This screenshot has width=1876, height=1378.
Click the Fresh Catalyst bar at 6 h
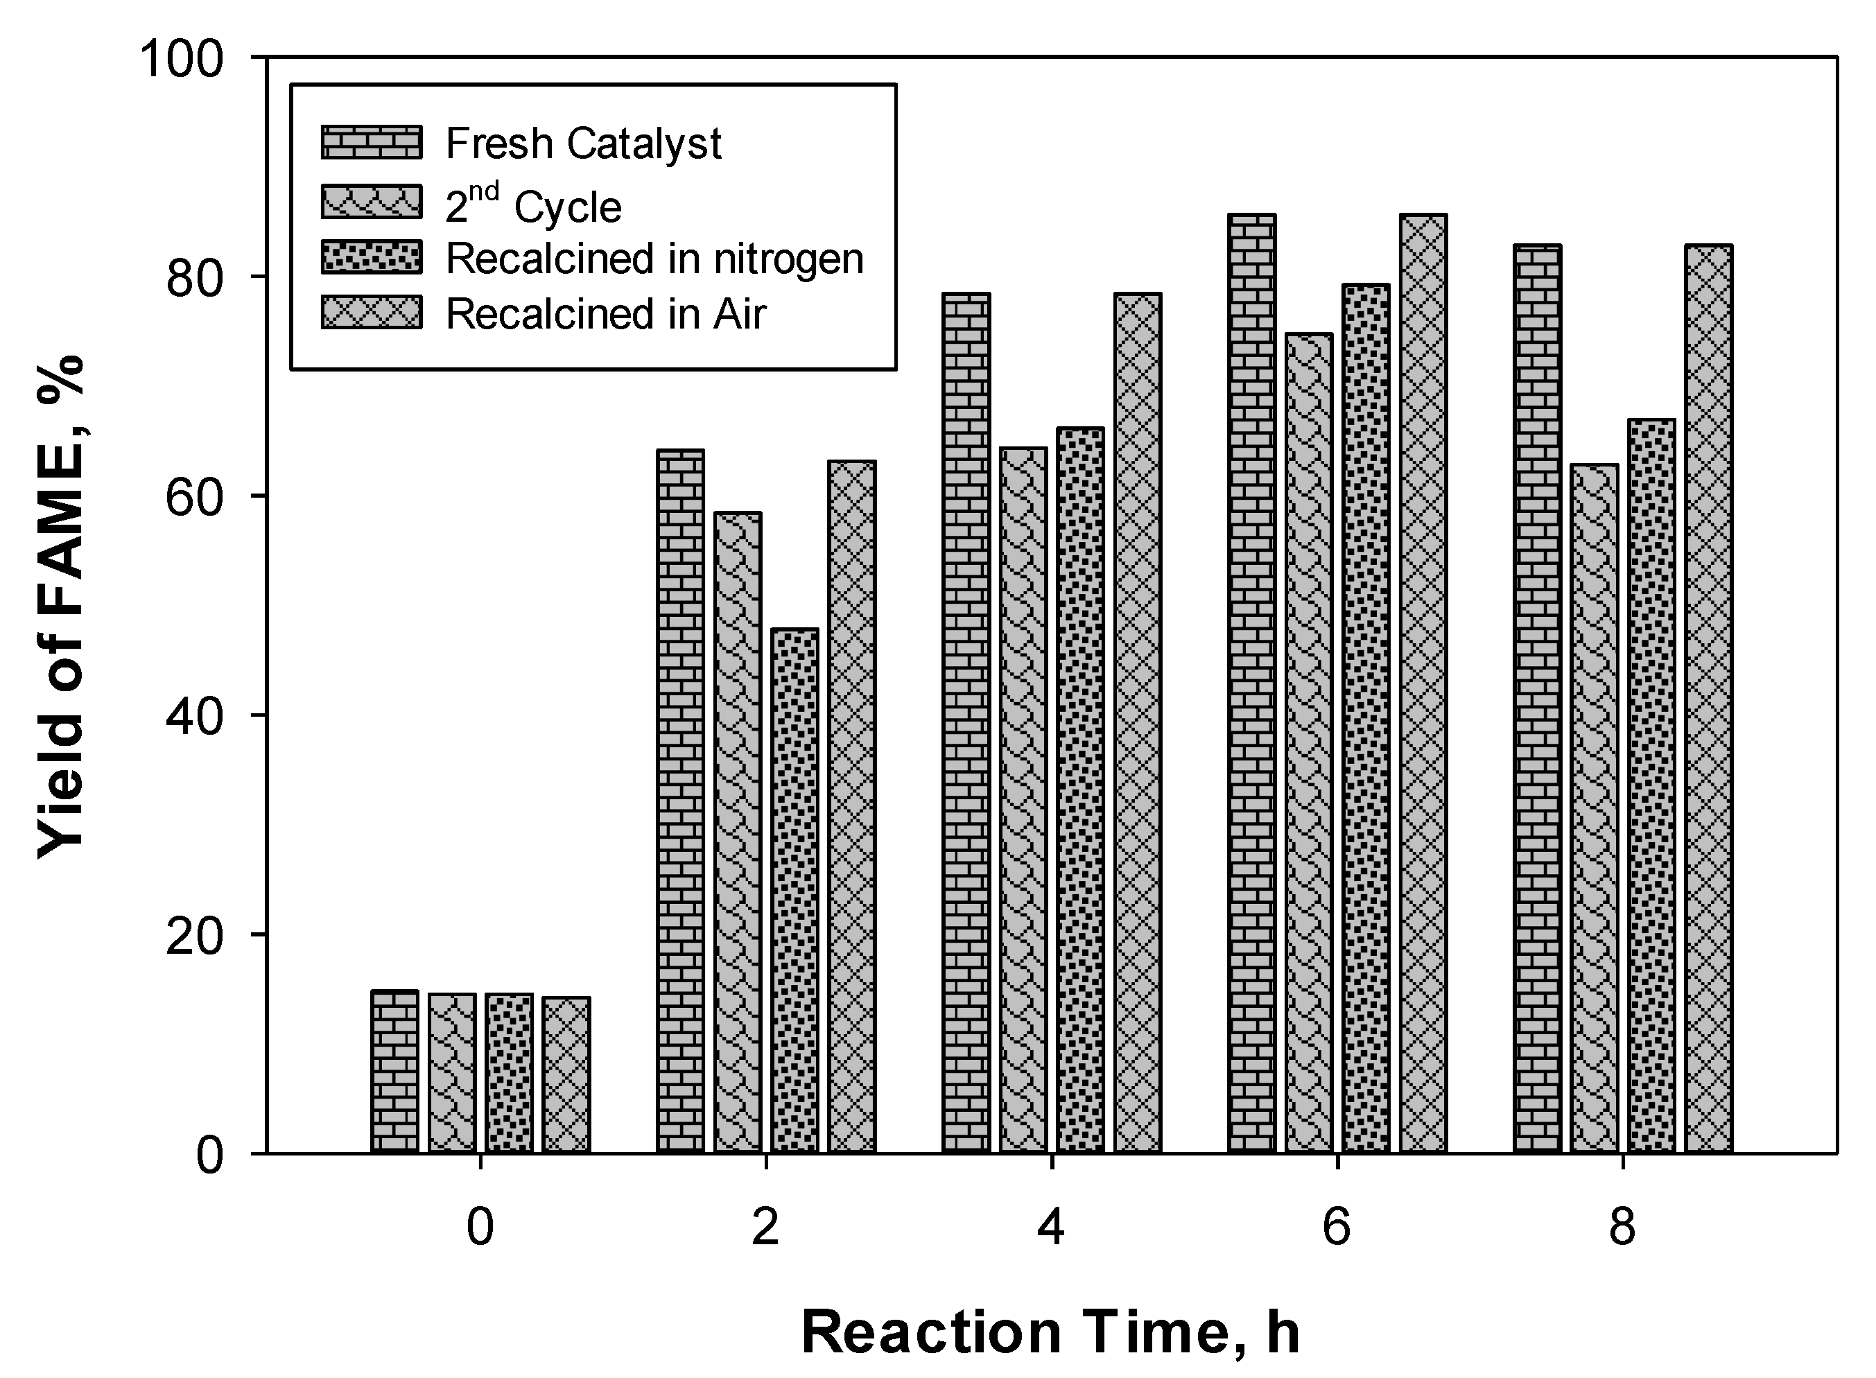point(1252,684)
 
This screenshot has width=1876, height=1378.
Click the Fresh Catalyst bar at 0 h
point(394,1072)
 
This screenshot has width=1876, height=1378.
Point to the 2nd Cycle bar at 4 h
point(1023,801)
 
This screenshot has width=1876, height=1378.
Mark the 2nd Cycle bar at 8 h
point(1594,809)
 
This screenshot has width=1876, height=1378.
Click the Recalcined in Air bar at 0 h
point(566,1075)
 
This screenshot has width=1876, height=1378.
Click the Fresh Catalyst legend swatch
point(371,143)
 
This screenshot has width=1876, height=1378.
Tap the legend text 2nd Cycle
point(533,204)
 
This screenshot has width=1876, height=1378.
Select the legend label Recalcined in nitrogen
point(654,258)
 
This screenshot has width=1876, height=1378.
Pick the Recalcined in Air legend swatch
point(371,313)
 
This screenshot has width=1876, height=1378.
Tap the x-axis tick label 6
point(1337,1226)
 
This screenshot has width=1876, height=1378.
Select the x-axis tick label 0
point(480,1226)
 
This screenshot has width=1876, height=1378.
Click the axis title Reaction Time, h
point(1050,1332)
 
